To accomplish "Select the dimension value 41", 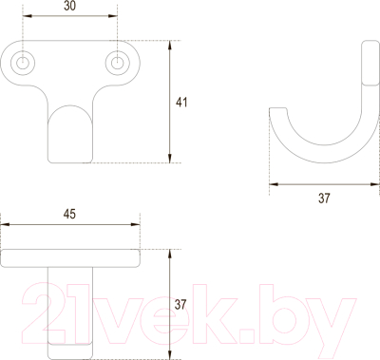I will pos(182,102).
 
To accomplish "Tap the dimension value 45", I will pos(69,215).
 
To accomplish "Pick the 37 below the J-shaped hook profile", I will pos(323,198).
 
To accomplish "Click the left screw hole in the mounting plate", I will pos(24,63).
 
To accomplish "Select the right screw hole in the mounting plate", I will pos(118,63).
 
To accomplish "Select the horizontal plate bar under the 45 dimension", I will pos(71,256).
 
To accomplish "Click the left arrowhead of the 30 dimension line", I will pos(27,18).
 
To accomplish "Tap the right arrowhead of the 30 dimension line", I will pos(115,18).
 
